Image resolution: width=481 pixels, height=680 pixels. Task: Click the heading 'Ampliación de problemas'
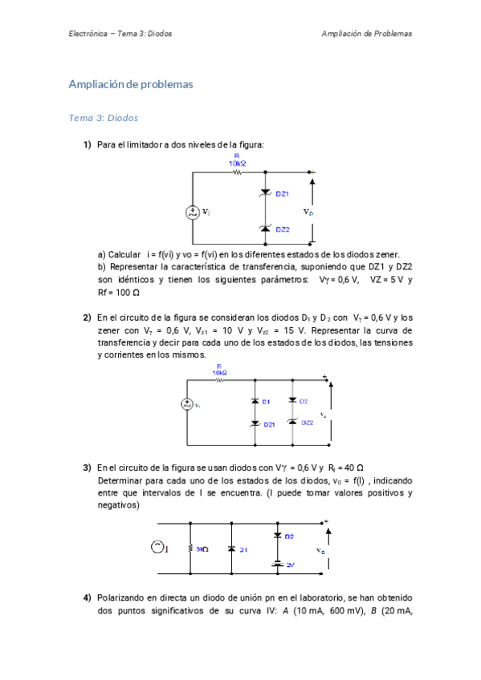pyautogui.click(x=131, y=84)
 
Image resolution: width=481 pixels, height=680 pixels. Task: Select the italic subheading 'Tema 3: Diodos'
pyautogui.click(x=104, y=118)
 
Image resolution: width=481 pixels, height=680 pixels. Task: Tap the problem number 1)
pyautogui.click(x=87, y=144)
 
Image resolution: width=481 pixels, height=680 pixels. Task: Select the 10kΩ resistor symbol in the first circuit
pyautogui.click(x=237, y=172)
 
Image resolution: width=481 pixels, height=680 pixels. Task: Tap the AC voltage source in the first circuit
pyautogui.click(x=193, y=212)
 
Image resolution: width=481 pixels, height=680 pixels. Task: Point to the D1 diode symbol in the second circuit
pyautogui.click(x=254, y=400)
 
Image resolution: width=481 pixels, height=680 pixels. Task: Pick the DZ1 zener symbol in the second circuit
pyautogui.click(x=254, y=423)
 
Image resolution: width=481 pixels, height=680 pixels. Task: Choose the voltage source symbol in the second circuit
pyautogui.click(x=187, y=405)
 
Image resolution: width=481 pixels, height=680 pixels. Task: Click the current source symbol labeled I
pyautogui.click(x=157, y=548)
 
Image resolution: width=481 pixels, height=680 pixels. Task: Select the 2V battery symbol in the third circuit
pyautogui.click(x=278, y=565)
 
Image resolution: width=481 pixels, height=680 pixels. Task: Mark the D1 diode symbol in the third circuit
pyautogui.click(x=230, y=548)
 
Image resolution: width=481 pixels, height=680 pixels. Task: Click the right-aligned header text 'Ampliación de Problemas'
pyautogui.click(x=366, y=34)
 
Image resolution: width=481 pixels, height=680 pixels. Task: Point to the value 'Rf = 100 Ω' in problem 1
pyautogui.click(x=119, y=293)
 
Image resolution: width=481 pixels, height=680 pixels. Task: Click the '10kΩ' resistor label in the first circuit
pyautogui.click(x=237, y=163)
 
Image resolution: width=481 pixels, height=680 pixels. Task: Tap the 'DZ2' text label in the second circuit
pyautogui.click(x=306, y=422)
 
